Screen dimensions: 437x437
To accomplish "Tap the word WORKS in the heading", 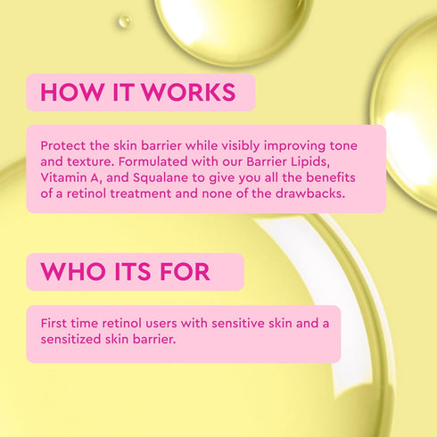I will (x=192, y=93).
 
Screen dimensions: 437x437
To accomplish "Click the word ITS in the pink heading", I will (x=131, y=271).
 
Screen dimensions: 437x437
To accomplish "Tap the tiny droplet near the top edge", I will (x=123, y=20).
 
